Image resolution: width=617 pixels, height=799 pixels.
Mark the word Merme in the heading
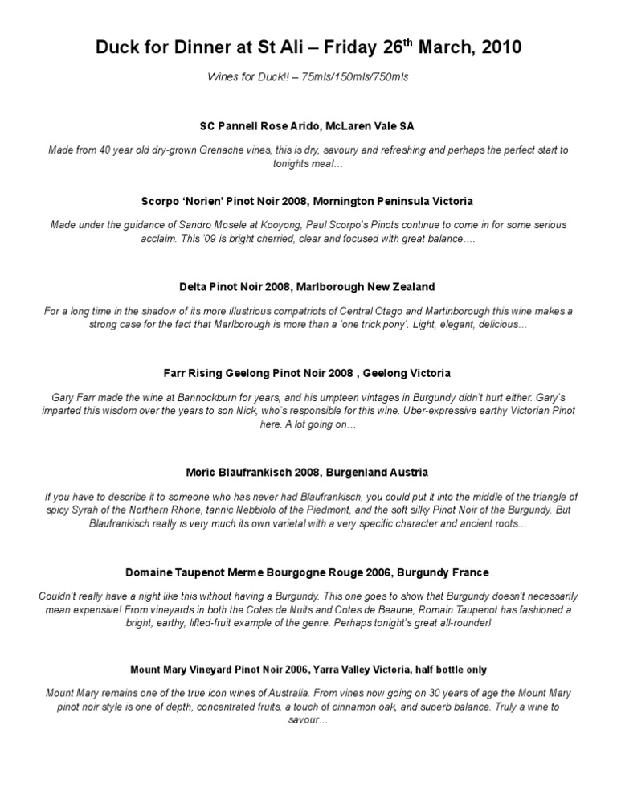click(x=252, y=572)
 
